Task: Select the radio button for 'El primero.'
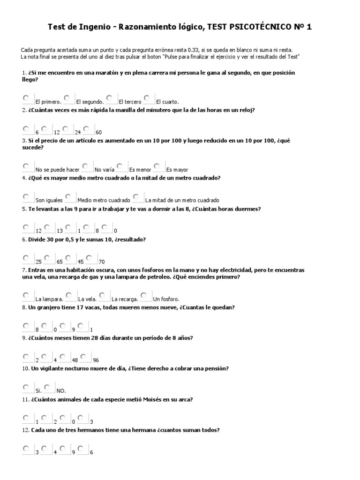coord(25,98)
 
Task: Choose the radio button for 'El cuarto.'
coord(147,98)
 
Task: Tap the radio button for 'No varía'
coord(85,166)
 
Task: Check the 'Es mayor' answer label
coord(177,169)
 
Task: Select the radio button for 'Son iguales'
coord(25,196)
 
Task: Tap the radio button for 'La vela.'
coord(69,295)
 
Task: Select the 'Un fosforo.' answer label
coord(166,299)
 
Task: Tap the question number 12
coord(25,430)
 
